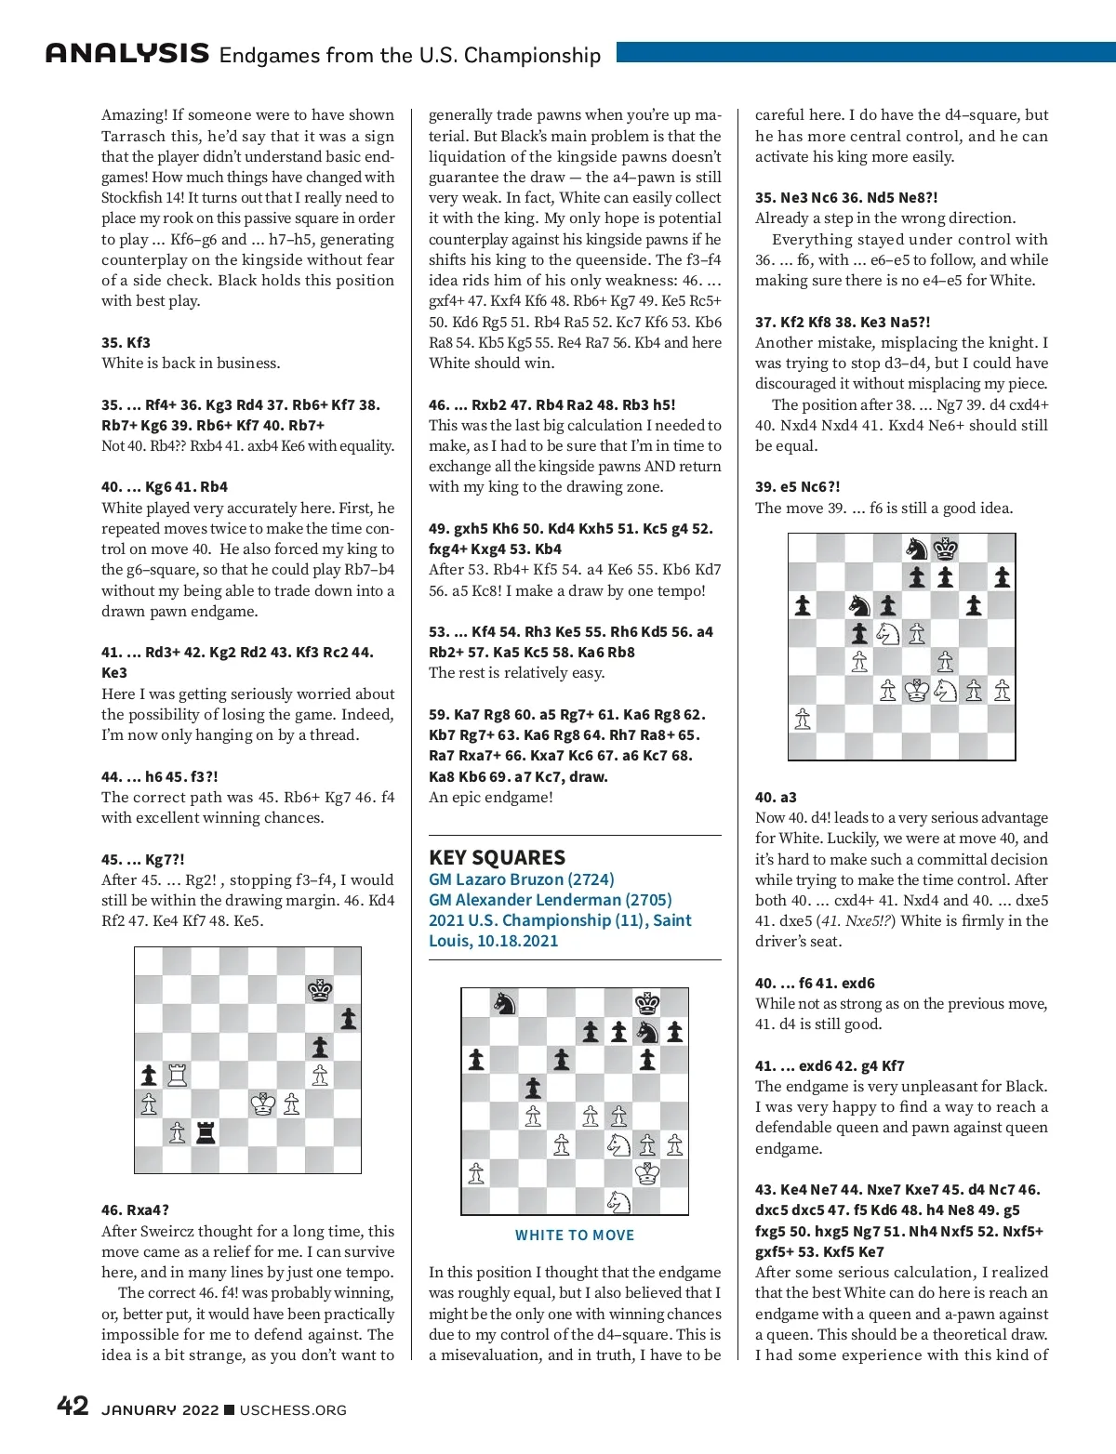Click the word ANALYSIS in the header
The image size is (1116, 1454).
(x=127, y=53)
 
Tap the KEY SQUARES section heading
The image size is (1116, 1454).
(x=497, y=857)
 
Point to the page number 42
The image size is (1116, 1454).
(x=73, y=1406)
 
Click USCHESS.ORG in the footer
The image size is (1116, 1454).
(x=293, y=1410)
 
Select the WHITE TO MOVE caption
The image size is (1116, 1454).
(x=575, y=1236)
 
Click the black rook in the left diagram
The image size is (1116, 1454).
(x=206, y=1131)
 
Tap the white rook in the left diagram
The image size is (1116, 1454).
(x=177, y=1076)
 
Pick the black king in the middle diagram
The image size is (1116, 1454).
(x=646, y=1003)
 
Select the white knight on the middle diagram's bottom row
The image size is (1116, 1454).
(x=618, y=1201)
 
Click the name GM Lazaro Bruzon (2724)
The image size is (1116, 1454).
(x=521, y=879)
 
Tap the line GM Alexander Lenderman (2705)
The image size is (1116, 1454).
(x=550, y=900)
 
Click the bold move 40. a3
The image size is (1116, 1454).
(x=776, y=798)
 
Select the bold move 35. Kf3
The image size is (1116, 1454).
(x=126, y=343)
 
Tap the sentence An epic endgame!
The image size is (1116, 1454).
(x=490, y=798)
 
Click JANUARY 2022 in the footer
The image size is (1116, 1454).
(x=160, y=1410)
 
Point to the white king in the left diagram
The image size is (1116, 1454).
(x=263, y=1104)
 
